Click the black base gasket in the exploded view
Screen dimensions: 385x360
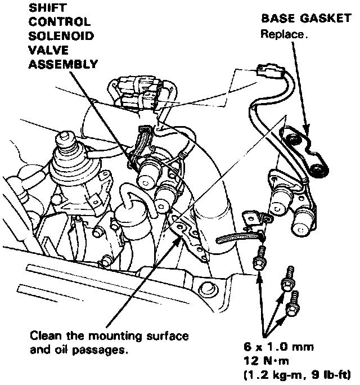(x=304, y=152)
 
